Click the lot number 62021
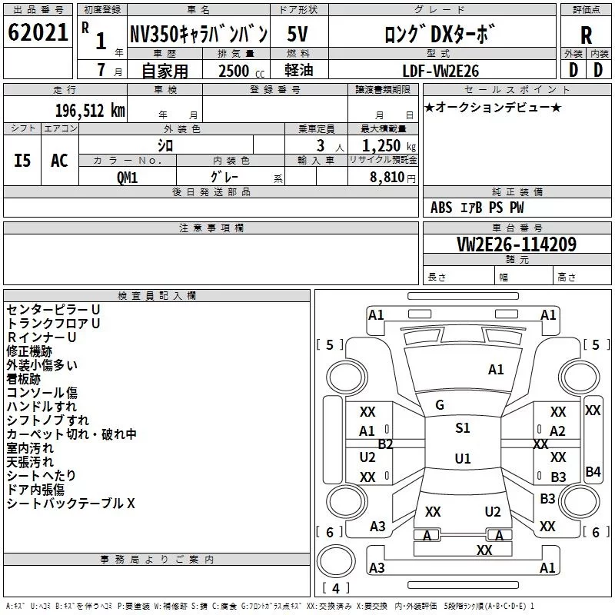(38, 32)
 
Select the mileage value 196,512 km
(90, 111)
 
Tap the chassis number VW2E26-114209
(517, 244)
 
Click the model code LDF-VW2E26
(440, 71)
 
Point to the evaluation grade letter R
(586, 35)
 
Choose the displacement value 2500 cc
(241, 71)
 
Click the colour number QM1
(127, 178)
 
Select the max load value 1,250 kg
(389, 146)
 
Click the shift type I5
(22, 161)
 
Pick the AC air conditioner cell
(59, 161)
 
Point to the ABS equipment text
(441, 208)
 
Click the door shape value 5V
(298, 34)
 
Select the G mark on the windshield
(440, 405)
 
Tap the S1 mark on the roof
(463, 428)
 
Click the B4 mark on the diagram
(593, 472)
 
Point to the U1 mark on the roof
(463, 458)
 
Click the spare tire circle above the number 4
(336, 561)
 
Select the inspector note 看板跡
(24, 379)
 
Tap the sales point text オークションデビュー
(493, 108)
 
